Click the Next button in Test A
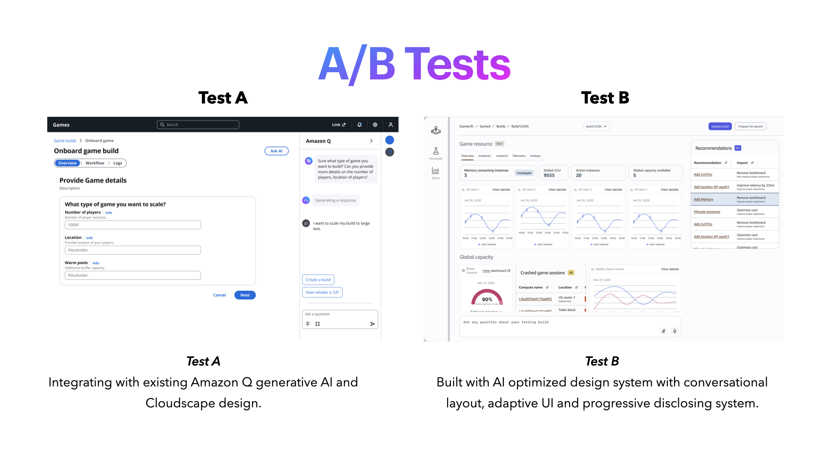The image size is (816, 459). coord(245,295)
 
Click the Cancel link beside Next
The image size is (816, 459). coord(219,295)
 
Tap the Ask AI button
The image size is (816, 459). coord(276,151)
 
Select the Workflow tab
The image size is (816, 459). coord(95,163)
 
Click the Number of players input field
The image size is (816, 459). coord(133,225)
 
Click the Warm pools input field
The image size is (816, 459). coord(133,275)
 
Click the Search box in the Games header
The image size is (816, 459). coord(198,125)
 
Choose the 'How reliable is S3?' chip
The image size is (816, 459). coord(322,292)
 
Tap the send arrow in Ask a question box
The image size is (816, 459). coord(372,324)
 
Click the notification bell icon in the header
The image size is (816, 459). coord(360,125)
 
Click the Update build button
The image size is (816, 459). coord(720,126)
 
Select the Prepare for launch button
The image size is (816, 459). coord(751,126)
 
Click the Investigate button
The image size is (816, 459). coord(524,173)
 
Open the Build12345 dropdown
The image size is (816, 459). coord(596,126)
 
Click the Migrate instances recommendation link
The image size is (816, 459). coord(707,212)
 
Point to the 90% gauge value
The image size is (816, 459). coord(487,299)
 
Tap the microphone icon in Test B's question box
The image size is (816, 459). coord(674,331)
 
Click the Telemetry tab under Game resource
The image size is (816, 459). coord(519,156)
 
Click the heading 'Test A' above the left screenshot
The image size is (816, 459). coord(223,98)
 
